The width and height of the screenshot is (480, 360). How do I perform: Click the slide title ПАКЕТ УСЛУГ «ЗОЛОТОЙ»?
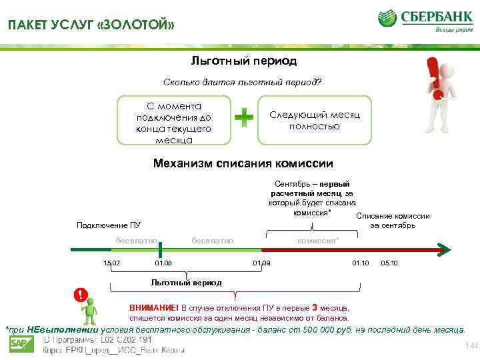point(91,26)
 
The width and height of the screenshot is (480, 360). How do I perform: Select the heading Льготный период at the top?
point(243,61)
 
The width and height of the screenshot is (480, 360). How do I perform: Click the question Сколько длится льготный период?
point(242,83)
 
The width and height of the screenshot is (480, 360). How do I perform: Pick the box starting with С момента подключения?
point(174,123)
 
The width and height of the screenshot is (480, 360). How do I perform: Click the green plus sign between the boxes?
point(245,118)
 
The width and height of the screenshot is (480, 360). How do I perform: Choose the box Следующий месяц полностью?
point(314,121)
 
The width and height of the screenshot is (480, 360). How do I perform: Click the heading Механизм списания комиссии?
point(243,163)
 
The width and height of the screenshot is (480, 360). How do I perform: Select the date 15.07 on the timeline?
point(112,264)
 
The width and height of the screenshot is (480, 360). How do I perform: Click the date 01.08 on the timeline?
point(163,264)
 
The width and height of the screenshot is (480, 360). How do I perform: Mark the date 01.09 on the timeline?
point(261,264)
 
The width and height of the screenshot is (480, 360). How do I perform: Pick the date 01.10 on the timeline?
point(360,264)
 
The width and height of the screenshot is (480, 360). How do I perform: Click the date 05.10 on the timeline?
point(389,264)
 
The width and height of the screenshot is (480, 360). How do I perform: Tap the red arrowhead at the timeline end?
point(444,249)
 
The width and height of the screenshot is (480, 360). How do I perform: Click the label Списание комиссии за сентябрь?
point(393,221)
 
